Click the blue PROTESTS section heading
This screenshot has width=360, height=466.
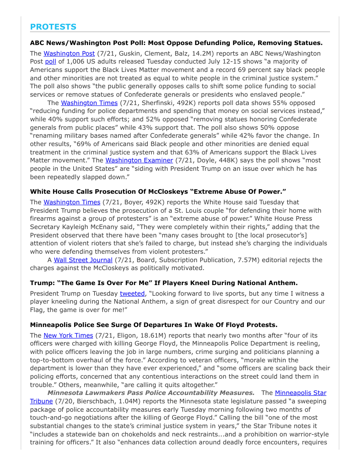tap(53, 27)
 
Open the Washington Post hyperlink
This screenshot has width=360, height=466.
tap(69, 53)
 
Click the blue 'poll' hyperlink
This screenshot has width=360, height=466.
tap(50, 61)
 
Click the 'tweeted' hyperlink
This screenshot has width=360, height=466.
tap(132, 293)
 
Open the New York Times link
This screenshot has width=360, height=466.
tap(68, 335)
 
